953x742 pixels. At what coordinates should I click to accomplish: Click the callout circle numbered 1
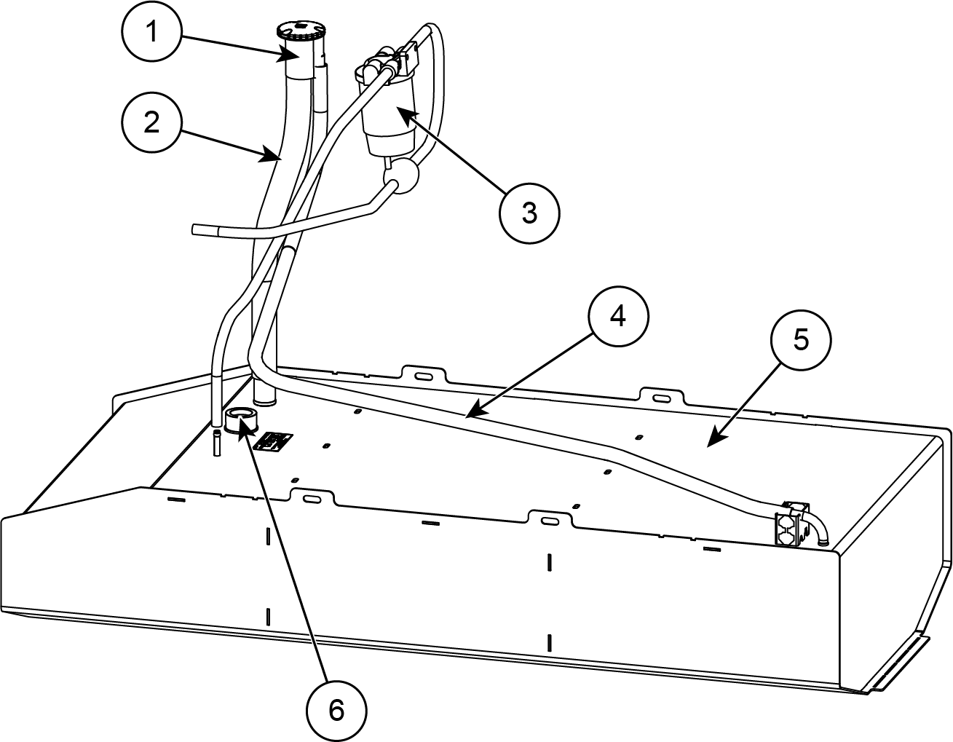coord(152,34)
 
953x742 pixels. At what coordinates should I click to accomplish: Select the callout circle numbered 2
coord(151,122)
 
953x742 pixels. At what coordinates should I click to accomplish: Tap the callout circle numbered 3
coord(529,213)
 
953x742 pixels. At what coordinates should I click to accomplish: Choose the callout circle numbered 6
coord(336,710)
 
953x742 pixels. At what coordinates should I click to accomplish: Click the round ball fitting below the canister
coord(403,175)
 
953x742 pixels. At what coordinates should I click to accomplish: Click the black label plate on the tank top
coord(277,441)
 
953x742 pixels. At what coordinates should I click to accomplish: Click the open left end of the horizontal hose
coord(195,230)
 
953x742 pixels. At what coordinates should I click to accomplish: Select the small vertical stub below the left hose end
coord(217,443)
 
